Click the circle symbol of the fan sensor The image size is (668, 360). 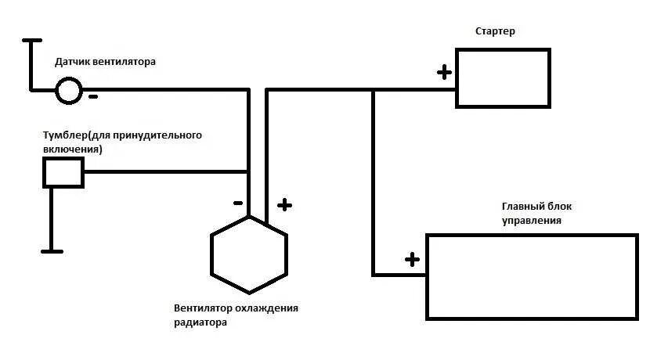pyautogui.click(x=68, y=91)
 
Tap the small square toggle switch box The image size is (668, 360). pyautogui.click(x=63, y=171)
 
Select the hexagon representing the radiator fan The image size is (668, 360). pyautogui.click(x=249, y=253)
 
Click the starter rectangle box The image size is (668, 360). pyautogui.click(x=503, y=77)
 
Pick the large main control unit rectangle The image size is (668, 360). pyautogui.click(x=531, y=275)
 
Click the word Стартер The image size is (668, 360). pyautogui.click(x=495, y=31)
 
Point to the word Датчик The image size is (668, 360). pyautogui.click(x=72, y=60)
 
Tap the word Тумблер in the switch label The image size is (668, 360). pyautogui.click(x=67, y=135)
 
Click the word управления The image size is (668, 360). pyautogui.click(x=532, y=221)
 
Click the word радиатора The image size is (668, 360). pyautogui.click(x=201, y=322)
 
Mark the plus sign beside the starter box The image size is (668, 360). pyautogui.click(x=444, y=73)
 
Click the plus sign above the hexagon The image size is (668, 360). pyautogui.click(x=284, y=205)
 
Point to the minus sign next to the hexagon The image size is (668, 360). pyautogui.click(x=237, y=203)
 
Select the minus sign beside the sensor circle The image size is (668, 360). pyautogui.click(x=93, y=97)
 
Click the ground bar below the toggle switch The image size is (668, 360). pyautogui.click(x=52, y=250)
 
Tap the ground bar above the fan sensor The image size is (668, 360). pyautogui.click(x=31, y=39)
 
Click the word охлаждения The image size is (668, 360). pyautogui.click(x=270, y=308)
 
